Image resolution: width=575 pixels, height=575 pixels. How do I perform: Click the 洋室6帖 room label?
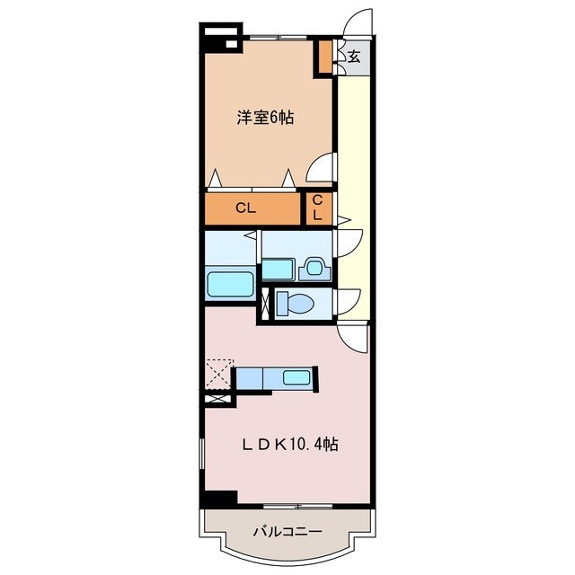tap(265, 117)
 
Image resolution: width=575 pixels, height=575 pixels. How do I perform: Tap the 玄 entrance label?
tap(354, 57)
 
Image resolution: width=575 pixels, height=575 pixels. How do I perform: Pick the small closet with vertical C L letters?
tap(318, 209)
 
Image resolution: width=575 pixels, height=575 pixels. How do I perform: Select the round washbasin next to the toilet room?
tap(314, 267)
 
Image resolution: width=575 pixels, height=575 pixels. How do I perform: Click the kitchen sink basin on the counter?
tap(296, 377)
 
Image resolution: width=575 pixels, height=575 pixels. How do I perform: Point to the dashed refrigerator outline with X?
tap(218, 371)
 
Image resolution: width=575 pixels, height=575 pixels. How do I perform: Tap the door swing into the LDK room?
tap(355, 339)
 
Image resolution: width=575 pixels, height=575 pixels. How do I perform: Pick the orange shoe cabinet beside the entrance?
tap(324, 57)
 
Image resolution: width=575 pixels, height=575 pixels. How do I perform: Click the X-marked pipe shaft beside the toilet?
tap(265, 304)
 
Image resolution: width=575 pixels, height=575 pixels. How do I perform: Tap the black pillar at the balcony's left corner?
tap(218, 497)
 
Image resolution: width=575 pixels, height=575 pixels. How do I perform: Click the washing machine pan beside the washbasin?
tap(278, 268)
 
